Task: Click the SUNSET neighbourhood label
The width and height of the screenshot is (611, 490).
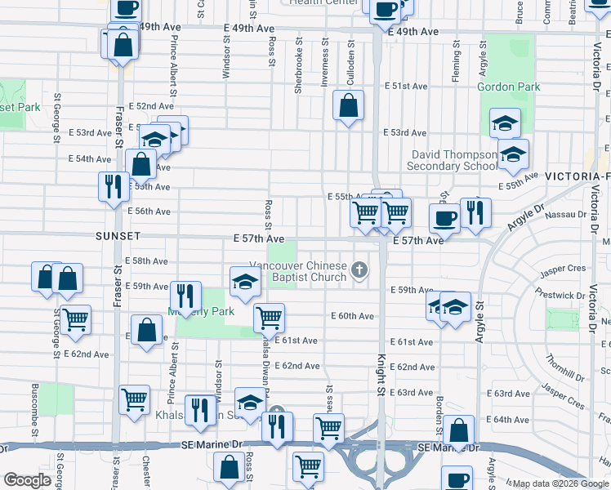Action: [x=118, y=236]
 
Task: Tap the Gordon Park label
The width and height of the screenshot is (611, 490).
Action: [x=508, y=87]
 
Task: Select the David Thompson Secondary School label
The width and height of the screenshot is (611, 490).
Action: [x=454, y=160]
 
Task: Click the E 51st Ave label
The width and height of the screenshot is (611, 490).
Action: [x=408, y=86]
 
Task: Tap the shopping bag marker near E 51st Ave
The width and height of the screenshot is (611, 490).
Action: [x=349, y=106]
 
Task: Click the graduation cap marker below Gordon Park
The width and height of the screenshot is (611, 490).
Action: [x=505, y=123]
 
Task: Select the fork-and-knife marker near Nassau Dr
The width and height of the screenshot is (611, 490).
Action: [x=475, y=212]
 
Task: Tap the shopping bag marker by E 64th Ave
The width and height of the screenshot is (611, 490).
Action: [x=460, y=430]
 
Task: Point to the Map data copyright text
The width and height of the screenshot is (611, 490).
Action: [x=560, y=483]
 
